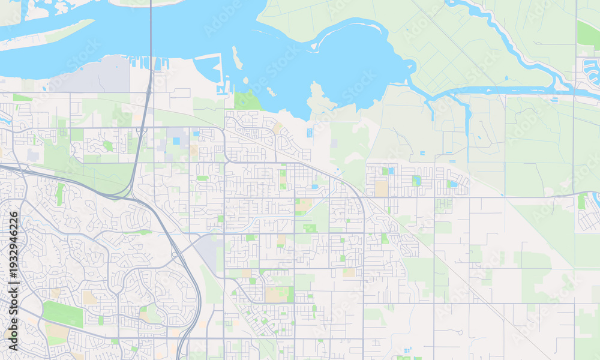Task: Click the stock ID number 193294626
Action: [14, 263]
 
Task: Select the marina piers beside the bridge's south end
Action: [144, 61]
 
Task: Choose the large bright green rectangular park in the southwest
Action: [62, 314]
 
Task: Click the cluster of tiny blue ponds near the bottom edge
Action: [407, 350]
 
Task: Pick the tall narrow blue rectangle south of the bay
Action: [310, 133]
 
